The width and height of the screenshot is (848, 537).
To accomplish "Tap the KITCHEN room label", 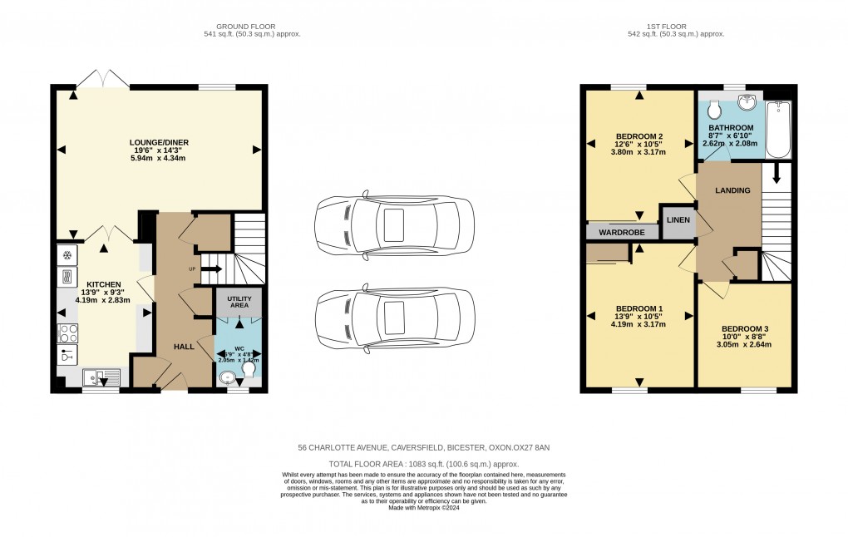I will pos(104,284).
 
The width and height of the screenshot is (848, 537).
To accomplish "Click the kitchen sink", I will pos(101,377).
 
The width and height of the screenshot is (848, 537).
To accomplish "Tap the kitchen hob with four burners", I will pos(67,333).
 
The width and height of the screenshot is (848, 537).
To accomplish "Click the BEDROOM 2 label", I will pos(638,136).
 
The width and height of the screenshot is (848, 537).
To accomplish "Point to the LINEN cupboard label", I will pos(678,220).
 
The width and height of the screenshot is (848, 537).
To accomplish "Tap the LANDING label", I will pos(732,190).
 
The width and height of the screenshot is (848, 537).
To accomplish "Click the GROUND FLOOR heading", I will pos(251,27).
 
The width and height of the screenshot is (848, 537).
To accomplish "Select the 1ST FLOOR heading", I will pos(675,27).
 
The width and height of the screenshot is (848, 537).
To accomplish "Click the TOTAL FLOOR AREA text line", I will pos(424,464).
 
